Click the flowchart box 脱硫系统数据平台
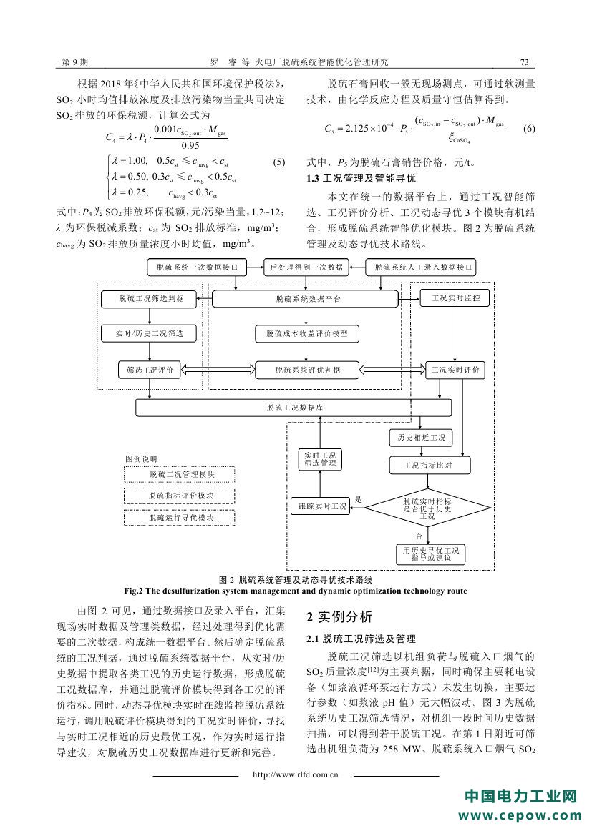[308, 299]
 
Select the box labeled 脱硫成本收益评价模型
[308, 333]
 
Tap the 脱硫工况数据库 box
[294, 408]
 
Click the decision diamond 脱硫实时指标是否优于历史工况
[427, 508]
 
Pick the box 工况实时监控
[456, 296]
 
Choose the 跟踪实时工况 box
[321, 506]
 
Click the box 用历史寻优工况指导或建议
[430, 554]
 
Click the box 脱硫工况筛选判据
[148, 299]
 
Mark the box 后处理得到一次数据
[307, 267]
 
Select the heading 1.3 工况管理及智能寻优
[361, 179]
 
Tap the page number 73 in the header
[524, 62]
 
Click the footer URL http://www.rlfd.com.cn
[296, 774]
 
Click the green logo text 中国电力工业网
[521, 797]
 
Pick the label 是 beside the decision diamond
[359, 500]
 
